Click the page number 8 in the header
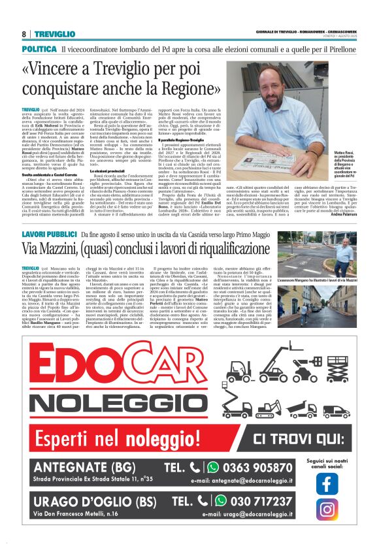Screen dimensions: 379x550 [24, 33]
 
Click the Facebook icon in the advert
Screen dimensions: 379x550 [327, 484]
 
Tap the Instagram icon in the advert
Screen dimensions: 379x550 [327, 510]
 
